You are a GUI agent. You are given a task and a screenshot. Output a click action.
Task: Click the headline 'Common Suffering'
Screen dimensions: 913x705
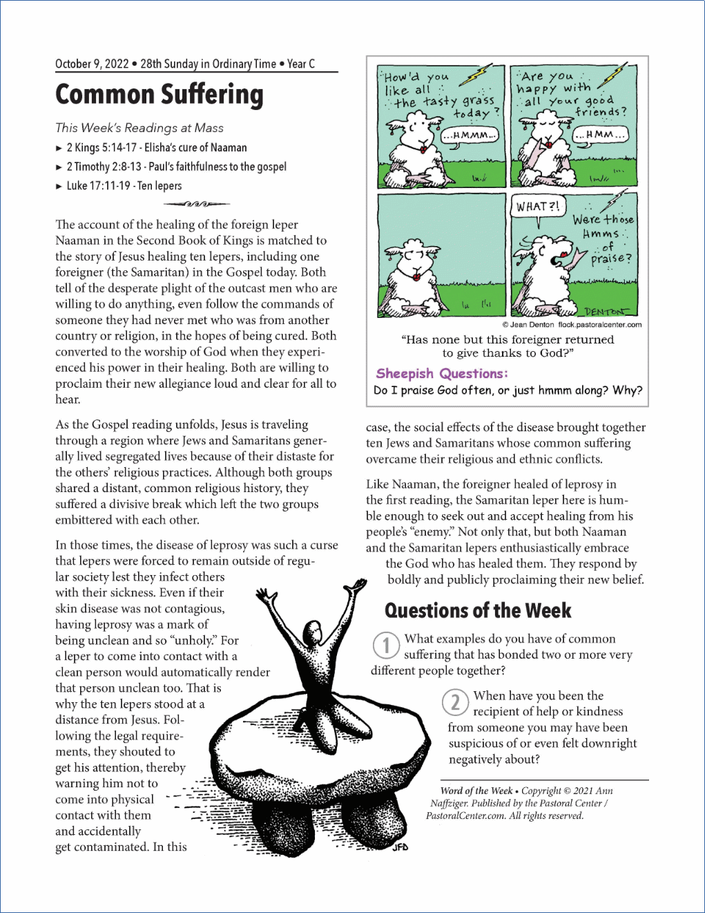tap(160, 95)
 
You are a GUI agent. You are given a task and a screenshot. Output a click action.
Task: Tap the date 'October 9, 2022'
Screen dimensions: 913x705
tap(92, 64)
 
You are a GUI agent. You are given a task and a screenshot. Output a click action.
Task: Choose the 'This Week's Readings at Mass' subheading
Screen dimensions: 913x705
tap(139, 128)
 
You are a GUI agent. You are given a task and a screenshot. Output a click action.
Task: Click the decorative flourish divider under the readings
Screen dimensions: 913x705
tap(197, 204)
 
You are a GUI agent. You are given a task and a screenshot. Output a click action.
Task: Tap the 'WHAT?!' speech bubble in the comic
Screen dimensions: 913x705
tap(538, 206)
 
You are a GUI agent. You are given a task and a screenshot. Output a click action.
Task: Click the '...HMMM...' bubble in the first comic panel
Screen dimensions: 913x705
tap(470, 135)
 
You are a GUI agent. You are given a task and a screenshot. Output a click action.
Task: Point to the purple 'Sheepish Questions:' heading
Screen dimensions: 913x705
tap(442, 373)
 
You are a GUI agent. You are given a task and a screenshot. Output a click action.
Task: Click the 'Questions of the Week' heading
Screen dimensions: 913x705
tap(478, 610)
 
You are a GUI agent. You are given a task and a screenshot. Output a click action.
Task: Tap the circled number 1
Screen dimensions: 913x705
tap(386, 646)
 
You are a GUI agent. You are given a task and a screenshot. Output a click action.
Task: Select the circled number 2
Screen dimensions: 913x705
tap(455, 702)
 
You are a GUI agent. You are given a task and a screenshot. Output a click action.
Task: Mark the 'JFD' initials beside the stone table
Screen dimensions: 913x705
tap(400, 847)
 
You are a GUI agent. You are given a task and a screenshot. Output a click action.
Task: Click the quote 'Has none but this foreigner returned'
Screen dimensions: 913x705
tap(508, 339)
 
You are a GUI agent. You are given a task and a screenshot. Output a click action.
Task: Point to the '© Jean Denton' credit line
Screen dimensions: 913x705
tap(528, 325)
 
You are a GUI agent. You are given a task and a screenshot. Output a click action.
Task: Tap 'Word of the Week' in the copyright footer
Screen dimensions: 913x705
tap(476, 791)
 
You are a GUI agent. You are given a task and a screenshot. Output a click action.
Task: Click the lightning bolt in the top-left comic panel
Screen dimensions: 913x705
tap(476, 74)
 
